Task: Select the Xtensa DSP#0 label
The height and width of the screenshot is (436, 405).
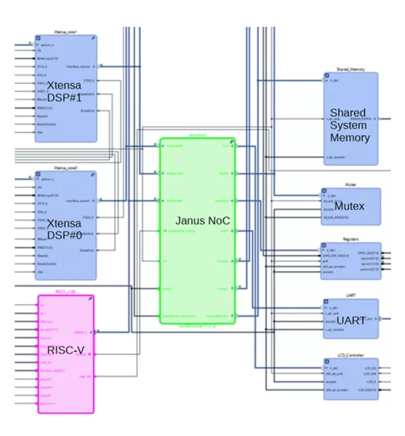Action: pos(65,229)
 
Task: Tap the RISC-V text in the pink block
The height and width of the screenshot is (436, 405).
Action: pos(65,350)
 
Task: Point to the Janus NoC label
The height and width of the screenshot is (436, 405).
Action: pos(202,220)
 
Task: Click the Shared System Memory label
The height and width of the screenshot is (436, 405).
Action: pos(350,125)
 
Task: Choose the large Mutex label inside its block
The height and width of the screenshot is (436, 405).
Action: pos(350,206)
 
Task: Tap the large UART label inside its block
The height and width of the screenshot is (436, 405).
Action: pos(351,320)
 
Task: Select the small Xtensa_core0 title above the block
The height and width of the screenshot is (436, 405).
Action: pos(66,168)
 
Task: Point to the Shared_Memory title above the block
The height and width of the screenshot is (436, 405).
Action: pos(350,69)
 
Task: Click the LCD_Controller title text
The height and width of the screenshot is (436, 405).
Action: pos(350,355)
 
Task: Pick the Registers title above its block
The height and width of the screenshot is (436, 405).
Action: pos(350,239)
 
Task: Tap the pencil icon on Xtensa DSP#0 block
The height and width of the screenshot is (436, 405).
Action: pos(93,175)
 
